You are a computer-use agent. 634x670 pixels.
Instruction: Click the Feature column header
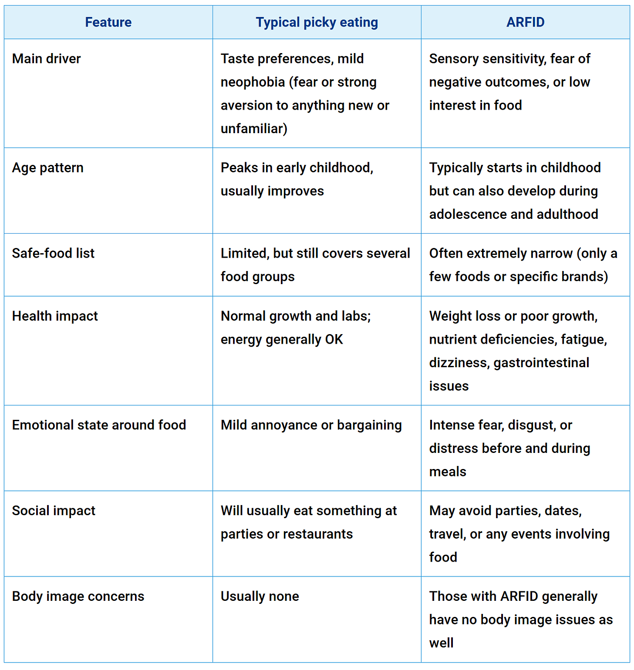(x=108, y=22)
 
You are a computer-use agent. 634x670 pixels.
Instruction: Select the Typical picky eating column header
(x=317, y=22)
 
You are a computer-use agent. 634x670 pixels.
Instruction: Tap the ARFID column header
(x=525, y=22)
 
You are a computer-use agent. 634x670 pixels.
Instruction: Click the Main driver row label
(x=46, y=59)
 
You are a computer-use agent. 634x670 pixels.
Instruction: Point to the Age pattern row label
(x=47, y=168)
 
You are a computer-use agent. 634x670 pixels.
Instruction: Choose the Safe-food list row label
(x=53, y=253)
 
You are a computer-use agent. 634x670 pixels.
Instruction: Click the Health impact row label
(x=55, y=316)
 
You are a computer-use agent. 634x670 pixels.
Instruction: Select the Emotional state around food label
(x=99, y=425)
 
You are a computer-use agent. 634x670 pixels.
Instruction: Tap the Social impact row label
(x=54, y=511)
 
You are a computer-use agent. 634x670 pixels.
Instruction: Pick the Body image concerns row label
(x=78, y=596)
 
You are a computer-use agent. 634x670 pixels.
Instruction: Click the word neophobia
(x=253, y=82)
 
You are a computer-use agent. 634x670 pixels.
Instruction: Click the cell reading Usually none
(x=260, y=596)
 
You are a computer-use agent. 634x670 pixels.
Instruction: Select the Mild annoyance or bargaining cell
(x=311, y=425)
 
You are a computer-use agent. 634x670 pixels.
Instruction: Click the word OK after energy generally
(x=334, y=339)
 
